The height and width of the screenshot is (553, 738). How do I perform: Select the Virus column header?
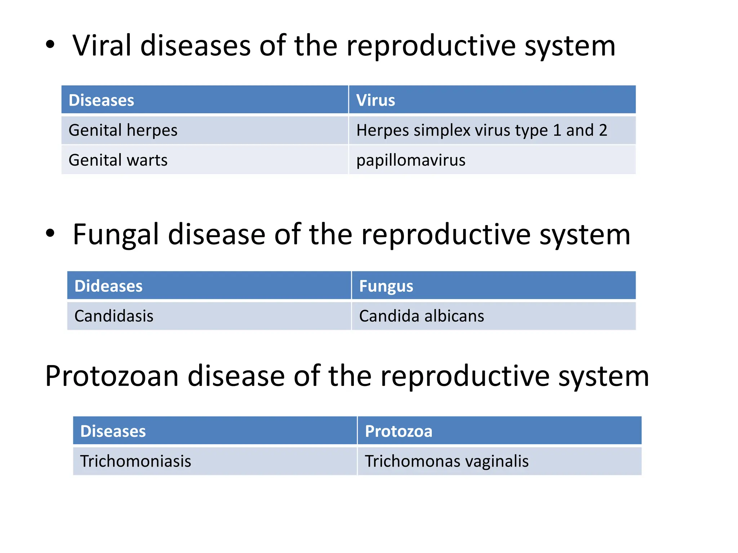375,100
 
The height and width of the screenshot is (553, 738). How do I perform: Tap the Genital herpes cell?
123,130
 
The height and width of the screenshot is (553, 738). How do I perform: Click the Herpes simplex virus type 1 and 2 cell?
481,130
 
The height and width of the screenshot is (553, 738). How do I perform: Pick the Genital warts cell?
118,160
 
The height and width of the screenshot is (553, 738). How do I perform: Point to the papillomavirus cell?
411,160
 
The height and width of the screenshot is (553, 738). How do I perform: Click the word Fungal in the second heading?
116,235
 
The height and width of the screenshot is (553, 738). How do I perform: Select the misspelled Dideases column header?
108,286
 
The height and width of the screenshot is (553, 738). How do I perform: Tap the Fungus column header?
386,286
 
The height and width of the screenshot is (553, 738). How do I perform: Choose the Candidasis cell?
114,316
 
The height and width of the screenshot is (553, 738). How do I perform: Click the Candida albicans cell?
422,316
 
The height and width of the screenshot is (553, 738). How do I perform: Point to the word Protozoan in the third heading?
112,376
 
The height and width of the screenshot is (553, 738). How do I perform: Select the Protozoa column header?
399,431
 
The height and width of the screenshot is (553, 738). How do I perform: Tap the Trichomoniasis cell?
135,461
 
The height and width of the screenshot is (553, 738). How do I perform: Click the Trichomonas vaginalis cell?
447,461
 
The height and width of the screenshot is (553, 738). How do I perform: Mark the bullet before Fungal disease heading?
50,233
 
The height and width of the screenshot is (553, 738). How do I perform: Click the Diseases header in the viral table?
101,100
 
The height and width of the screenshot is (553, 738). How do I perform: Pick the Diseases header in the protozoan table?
113,431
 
